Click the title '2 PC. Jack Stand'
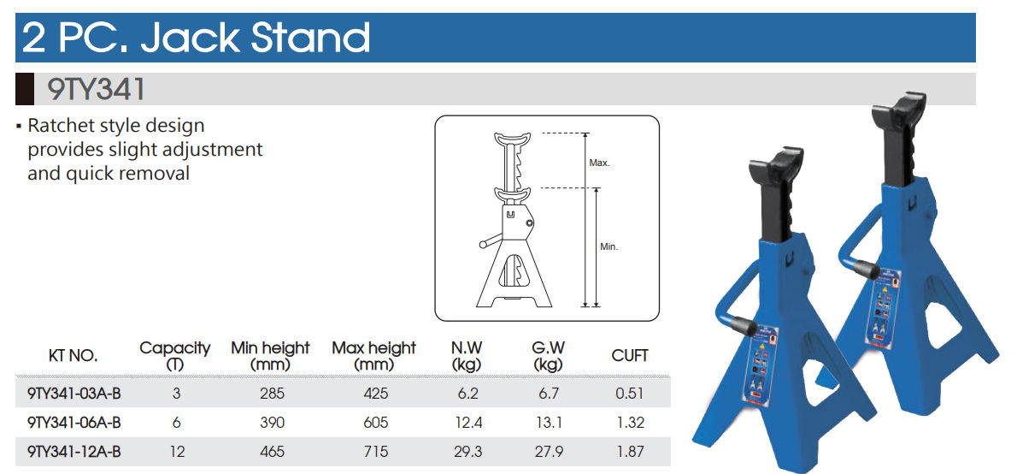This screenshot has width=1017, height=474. tap(196, 38)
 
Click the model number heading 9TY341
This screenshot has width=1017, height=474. tap(96, 90)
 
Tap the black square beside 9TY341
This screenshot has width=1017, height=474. tap(25, 90)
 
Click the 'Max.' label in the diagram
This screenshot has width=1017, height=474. tap(599, 163)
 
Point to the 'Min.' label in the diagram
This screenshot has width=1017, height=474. tap(609, 247)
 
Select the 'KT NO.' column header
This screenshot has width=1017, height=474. tap(73, 356)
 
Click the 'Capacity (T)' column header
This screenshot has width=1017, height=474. tap(175, 356)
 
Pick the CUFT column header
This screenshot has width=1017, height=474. tap(630, 356)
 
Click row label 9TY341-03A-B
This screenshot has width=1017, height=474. tap(74, 393)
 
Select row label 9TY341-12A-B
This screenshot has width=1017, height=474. tap(74, 452)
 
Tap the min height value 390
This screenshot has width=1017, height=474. tap(272, 423)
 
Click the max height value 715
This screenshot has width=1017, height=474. tap(375, 452)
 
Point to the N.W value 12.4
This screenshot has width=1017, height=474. tap(468, 423)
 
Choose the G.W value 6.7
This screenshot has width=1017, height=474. tap(548, 393)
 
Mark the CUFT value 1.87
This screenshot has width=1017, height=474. tap(631, 452)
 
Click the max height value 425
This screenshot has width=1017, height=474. tap(375, 393)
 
